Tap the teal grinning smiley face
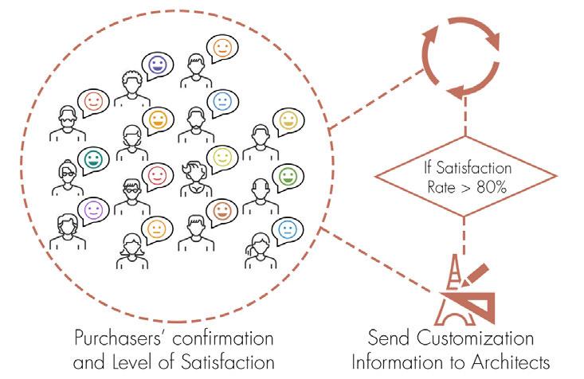[x=93, y=157]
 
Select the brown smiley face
[x=222, y=210]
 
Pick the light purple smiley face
[x=93, y=210]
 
